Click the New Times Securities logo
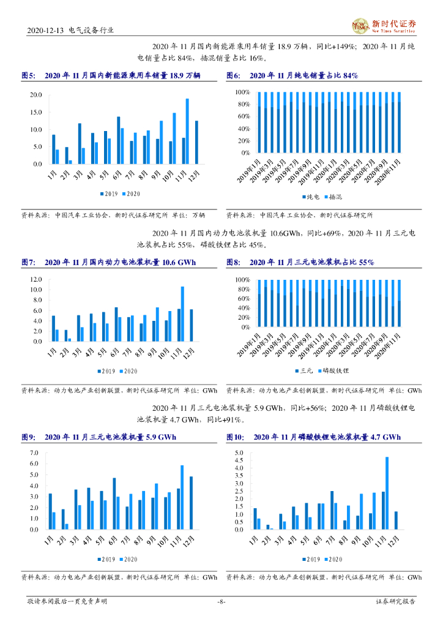pos(384,26)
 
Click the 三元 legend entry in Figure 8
pos(304,372)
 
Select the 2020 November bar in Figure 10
pos(387,493)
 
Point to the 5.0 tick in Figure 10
pos(239,452)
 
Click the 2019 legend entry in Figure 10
pos(310,559)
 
